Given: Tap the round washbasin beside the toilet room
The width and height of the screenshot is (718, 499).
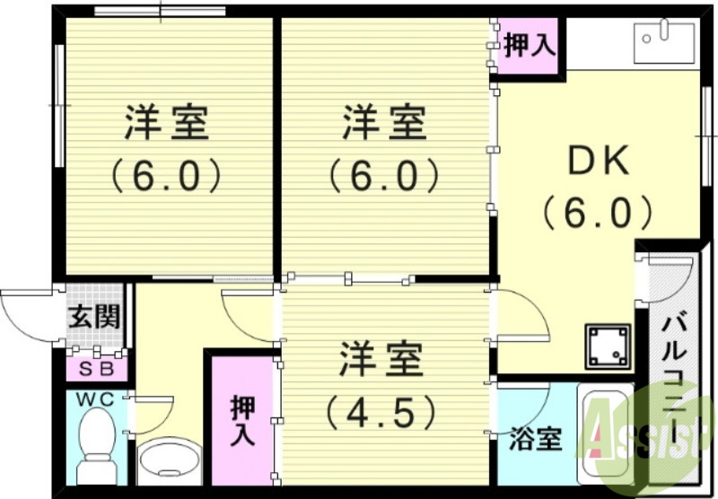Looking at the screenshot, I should [169, 460].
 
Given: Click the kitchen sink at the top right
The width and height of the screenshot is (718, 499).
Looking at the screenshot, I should [664, 40].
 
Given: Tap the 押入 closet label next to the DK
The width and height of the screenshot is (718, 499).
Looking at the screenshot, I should [527, 45].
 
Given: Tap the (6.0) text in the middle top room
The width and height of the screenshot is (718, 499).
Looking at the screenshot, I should [383, 175].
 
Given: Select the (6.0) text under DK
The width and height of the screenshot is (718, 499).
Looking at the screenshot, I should [597, 213].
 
